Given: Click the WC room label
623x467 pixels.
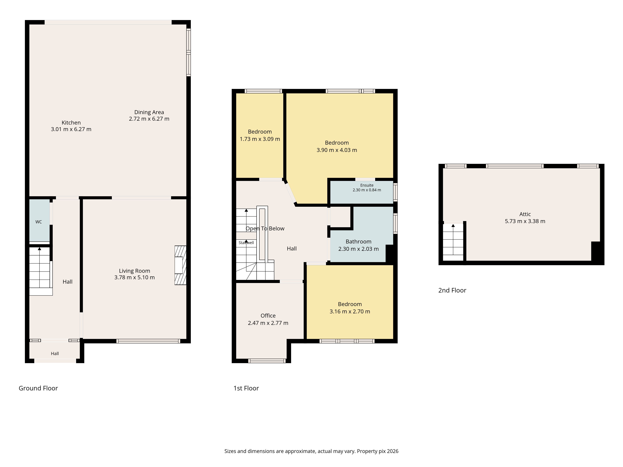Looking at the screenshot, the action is (x=39, y=222).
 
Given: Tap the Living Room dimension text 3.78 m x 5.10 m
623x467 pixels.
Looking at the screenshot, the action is (x=134, y=277).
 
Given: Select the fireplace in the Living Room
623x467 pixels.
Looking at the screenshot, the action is (x=180, y=265).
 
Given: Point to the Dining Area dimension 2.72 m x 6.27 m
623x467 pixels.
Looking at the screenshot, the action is (x=149, y=119).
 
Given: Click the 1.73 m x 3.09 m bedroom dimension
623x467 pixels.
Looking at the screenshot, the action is (x=260, y=139).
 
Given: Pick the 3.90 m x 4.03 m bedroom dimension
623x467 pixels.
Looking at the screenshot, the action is (x=337, y=150).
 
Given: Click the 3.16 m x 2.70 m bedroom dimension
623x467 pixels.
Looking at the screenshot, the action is (x=350, y=311).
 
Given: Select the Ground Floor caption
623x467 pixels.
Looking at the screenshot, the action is (x=38, y=388).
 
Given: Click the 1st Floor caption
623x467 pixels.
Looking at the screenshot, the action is (x=246, y=388).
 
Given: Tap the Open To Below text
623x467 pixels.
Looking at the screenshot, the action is (x=265, y=229).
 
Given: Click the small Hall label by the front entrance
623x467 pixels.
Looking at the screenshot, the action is (x=55, y=354).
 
